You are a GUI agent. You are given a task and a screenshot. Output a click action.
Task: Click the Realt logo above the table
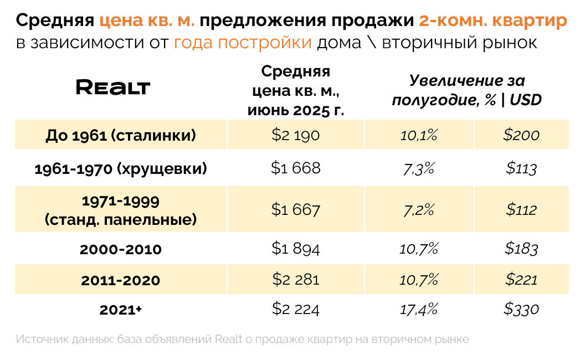113,87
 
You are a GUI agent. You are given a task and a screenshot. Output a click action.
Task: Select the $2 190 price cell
295,135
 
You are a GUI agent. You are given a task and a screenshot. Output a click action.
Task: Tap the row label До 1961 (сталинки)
121,135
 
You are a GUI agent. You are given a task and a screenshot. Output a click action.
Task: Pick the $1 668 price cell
295,168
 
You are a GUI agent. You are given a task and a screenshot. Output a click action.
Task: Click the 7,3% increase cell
419,168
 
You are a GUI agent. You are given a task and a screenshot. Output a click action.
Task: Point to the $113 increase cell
521,168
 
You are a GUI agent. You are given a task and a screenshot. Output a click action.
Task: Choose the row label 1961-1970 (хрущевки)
121,168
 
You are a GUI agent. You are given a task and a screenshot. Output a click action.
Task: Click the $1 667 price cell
295,210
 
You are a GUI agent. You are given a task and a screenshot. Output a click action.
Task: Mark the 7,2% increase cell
419,210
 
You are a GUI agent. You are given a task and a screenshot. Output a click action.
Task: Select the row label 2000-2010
121,249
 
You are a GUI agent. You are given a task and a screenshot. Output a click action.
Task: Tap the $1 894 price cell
295,249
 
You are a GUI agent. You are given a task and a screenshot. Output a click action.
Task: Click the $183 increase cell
521,249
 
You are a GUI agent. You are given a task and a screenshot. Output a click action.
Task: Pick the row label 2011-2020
121,280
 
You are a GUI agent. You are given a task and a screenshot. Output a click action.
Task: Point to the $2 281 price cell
295,280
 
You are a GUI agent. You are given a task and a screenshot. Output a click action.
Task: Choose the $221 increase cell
521,280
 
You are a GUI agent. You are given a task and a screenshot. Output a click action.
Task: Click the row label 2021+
121,310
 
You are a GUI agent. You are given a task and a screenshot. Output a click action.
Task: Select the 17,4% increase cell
419,309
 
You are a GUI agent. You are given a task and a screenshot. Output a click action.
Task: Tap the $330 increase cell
521,309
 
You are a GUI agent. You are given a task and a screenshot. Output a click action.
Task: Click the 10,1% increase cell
419,135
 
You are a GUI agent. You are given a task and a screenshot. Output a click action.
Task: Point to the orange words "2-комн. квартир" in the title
493,21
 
